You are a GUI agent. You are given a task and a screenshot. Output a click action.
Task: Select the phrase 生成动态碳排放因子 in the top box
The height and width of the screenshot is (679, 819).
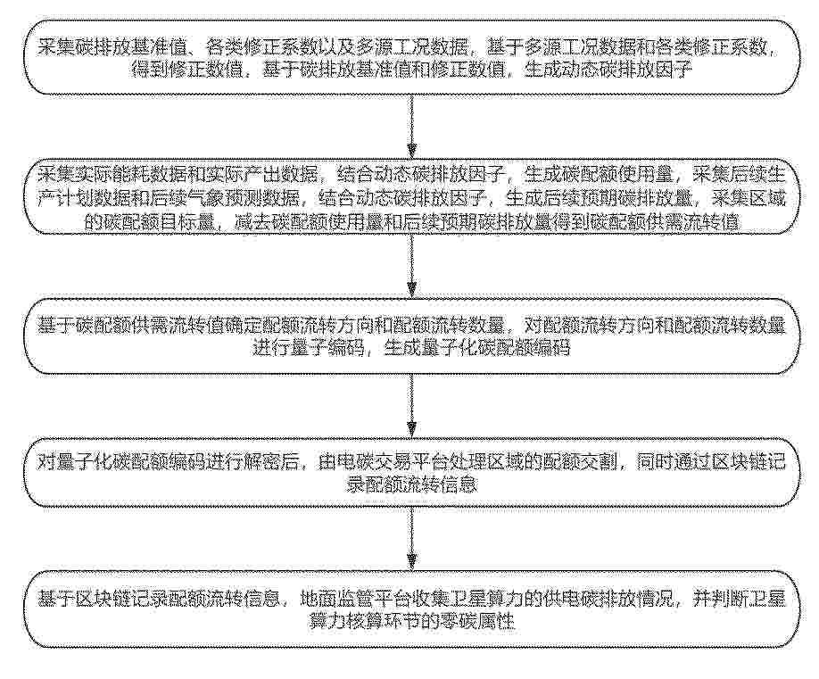click(608, 70)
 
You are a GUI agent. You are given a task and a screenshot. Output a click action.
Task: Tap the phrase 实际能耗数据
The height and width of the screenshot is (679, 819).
click(131, 174)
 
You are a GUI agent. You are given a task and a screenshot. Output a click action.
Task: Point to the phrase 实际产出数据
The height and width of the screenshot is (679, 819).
click(262, 174)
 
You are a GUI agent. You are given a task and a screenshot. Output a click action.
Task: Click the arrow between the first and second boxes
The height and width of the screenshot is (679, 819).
click(411, 127)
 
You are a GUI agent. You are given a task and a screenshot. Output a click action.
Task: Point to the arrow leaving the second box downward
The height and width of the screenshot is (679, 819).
click(411, 265)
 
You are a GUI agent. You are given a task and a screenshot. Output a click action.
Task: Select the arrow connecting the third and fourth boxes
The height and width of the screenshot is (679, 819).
click(411, 406)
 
